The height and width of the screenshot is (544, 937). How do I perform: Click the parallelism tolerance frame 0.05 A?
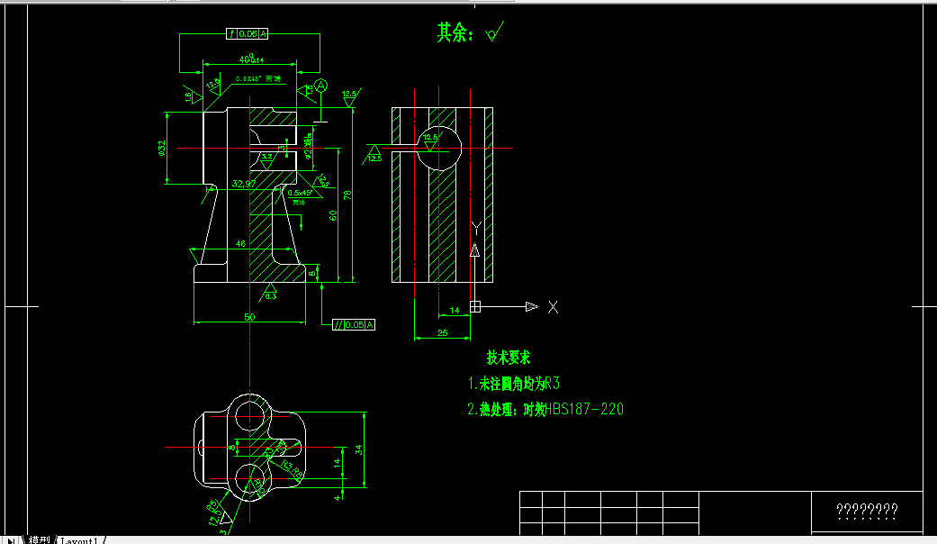[354, 324]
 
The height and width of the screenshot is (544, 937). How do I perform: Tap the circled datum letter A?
[320, 86]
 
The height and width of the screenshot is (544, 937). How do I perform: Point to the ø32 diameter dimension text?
[162, 149]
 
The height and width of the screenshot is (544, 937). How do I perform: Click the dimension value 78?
[347, 195]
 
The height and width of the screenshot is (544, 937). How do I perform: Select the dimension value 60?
[332, 215]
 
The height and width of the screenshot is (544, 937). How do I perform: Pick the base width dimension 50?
[249, 317]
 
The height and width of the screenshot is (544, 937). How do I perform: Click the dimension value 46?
[240, 243]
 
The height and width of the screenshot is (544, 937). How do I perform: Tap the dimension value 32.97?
[243, 184]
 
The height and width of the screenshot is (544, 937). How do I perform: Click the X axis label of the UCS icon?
[553, 307]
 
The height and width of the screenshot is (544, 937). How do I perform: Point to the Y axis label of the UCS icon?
[475, 228]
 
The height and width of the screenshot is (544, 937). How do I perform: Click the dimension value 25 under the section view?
[442, 333]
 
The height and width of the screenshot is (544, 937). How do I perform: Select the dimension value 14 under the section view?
[454, 310]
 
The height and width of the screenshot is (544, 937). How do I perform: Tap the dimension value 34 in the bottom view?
[358, 449]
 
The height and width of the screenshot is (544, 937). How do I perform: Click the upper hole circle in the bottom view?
[252, 413]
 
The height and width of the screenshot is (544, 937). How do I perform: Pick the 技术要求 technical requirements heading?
[509, 357]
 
